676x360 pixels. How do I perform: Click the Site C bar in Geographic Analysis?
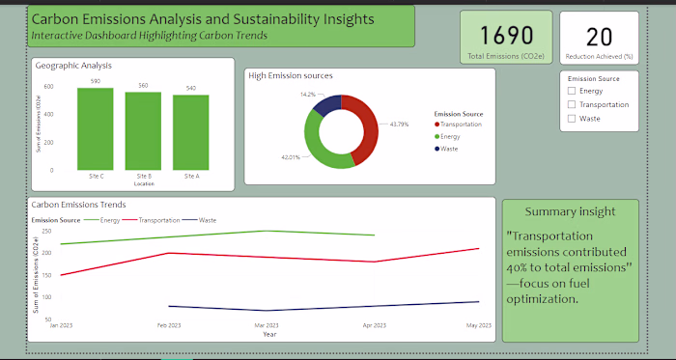[96, 129]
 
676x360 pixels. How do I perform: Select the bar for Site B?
[143, 131]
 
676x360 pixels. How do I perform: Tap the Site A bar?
[191, 132]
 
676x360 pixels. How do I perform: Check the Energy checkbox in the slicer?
[572, 91]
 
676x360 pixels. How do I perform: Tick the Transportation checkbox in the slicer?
[572, 104]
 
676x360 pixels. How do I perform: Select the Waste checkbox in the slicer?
[572, 118]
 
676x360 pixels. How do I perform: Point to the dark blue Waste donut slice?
[327, 103]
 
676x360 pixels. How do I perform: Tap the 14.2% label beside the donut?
[307, 95]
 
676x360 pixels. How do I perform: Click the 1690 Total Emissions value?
[507, 36]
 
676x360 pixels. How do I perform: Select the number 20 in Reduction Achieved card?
[599, 37]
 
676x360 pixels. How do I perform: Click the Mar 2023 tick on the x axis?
[270, 325]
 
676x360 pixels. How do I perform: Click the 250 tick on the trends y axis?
[46, 232]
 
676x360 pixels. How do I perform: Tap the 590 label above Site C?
[96, 81]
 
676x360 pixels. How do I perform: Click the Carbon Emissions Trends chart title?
[78, 205]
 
